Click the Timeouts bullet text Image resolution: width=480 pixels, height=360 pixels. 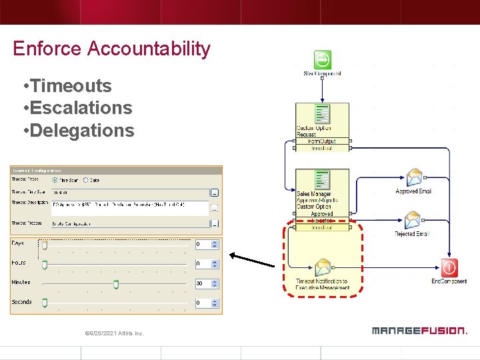(67, 86)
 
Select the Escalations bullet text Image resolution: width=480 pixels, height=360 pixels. (77, 108)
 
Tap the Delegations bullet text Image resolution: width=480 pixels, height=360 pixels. (78, 130)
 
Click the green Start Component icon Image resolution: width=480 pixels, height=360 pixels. (322, 60)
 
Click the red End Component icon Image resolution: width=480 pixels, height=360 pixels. (449, 268)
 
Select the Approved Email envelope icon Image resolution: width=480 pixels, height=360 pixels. (414, 177)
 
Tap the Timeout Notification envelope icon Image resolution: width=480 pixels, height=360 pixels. (323, 268)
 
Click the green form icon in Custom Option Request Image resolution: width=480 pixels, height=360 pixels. (322, 113)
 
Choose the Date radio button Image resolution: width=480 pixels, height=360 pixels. (87, 180)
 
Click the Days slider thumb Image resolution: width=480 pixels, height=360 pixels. (45, 245)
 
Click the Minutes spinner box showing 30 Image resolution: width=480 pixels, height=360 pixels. (203, 283)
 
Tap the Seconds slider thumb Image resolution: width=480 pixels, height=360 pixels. (45, 303)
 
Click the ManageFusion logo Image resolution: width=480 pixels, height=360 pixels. (419, 331)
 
